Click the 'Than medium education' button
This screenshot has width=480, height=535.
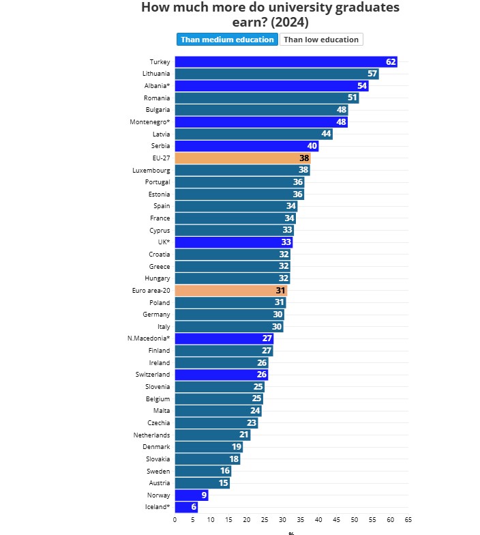click(227, 40)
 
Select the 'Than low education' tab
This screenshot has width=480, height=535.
click(321, 40)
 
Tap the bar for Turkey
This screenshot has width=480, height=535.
click(286, 62)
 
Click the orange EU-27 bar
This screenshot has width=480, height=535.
click(242, 158)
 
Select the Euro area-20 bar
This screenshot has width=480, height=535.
click(230, 290)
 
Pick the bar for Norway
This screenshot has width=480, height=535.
click(192, 495)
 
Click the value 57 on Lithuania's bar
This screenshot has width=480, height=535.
click(372, 74)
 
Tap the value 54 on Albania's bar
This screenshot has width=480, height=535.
click(362, 86)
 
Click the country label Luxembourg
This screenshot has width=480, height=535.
click(151, 170)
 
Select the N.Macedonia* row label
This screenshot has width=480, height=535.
click(149, 338)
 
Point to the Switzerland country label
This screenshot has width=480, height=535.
click(153, 375)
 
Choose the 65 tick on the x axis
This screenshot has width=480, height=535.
click(408, 520)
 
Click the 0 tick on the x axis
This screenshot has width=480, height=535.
click(175, 520)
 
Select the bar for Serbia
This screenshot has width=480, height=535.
click(246, 146)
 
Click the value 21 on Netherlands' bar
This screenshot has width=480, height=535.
click(243, 435)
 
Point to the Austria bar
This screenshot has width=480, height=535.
click(202, 483)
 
